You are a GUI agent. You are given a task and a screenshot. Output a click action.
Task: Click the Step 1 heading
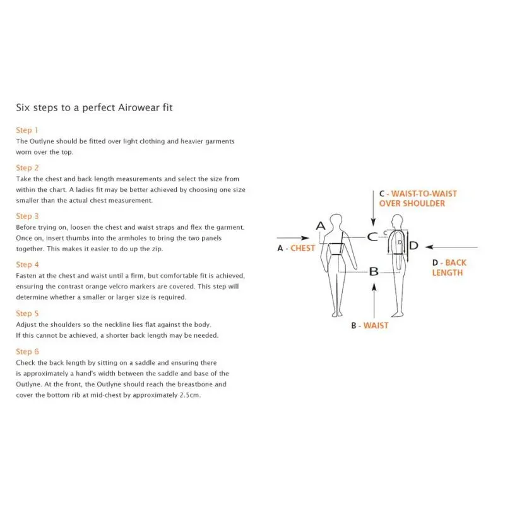coord(27,130)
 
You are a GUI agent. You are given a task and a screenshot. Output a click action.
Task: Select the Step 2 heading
coord(27,168)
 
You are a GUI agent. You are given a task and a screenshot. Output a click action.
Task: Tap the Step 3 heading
coord(27,216)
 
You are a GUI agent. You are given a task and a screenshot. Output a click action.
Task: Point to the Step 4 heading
coord(27,264)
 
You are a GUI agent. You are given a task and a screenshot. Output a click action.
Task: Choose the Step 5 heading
coord(27,313)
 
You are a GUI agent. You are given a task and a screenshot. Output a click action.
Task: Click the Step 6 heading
coord(27,352)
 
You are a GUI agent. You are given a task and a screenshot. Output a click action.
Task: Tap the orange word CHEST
coord(303,248)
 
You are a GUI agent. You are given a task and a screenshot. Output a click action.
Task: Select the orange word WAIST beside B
coord(376,326)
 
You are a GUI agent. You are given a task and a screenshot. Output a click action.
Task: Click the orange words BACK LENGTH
coord(449,268)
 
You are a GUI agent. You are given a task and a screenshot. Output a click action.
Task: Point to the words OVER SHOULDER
coord(412,203)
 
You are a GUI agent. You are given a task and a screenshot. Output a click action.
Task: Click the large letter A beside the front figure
coord(321,226)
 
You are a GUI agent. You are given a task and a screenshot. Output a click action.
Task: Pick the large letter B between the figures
coord(374,271)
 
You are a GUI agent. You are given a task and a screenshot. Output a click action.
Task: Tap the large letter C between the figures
coord(372,237)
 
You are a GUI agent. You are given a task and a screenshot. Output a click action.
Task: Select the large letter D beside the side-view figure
coord(414,246)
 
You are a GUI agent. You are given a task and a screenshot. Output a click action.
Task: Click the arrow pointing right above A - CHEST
coord(293,238)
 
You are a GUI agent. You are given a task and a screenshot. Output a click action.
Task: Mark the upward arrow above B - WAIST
coord(374,301)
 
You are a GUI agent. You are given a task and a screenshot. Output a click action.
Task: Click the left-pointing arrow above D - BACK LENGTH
coord(451,247)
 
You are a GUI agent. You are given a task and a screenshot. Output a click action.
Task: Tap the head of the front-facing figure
coord(336,220)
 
